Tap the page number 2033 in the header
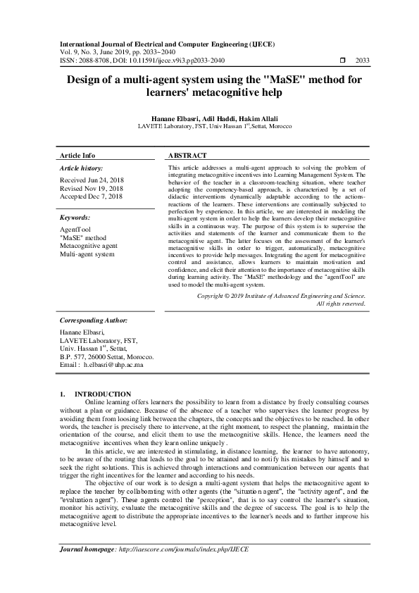[x=363, y=60]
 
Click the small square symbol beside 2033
[x=343, y=60]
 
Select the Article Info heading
[x=77, y=155]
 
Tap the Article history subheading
[x=81, y=169]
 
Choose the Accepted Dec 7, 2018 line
[x=91, y=197]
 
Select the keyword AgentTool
[x=76, y=230]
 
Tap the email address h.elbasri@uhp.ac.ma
[x=113, y=365]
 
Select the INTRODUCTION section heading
[x=103, y=393]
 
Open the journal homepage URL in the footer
[x=189, y=547]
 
